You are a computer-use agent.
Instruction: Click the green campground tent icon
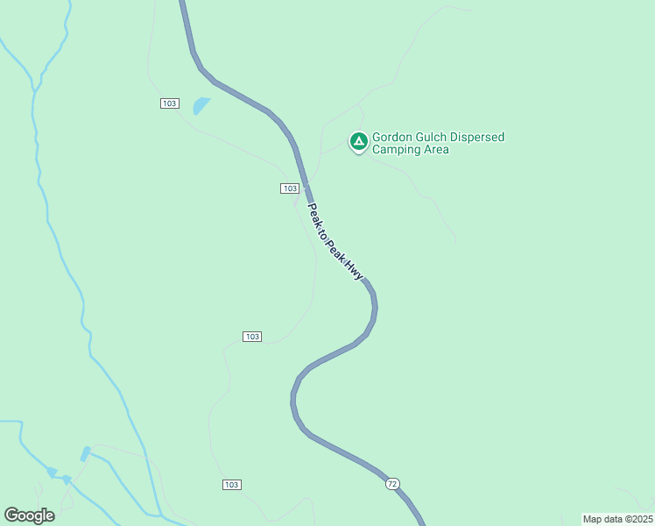(358, 141)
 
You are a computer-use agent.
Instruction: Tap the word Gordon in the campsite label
(392, 137)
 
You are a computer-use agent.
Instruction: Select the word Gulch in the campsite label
(434, 137)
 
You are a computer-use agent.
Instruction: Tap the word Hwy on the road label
(354, 270)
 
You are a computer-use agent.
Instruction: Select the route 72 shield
(392, 484)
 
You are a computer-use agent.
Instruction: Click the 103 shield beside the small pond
(170, 103)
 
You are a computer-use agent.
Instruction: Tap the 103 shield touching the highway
(291, 188)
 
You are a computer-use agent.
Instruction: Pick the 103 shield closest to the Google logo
(231, 485)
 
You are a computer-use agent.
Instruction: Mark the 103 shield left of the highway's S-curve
(252, 337)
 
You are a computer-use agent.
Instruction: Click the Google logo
(29, 515)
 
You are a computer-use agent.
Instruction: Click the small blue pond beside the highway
(201, 106)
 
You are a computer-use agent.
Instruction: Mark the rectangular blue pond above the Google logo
(85, 454)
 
